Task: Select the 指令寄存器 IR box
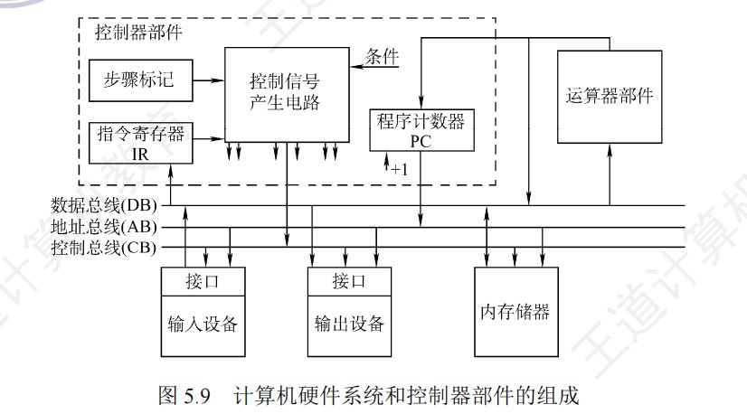point(140,142)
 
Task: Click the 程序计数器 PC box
point(422,129)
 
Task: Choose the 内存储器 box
point(515,313)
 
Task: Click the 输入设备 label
point(205,325)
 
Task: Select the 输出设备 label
point(350,325)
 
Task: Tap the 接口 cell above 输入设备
point(205,281)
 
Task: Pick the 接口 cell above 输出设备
point(350,281)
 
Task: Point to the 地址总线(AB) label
point(105,226)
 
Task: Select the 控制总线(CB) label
point(105,246)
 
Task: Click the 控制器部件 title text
point(138,33)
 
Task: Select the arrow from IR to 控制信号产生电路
point(209,139)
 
